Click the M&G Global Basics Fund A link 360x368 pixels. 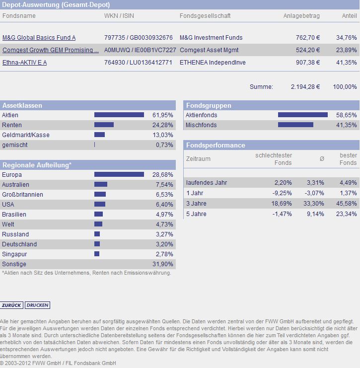[x=39, y=38]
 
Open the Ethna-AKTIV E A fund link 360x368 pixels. [x=24, y=63]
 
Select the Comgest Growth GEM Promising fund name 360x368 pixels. [x=50, y=50]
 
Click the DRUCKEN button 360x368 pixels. [x=38, y=305]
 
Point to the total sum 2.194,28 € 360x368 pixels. [x=305, y=87]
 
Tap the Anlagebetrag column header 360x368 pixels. [x=301, y=16]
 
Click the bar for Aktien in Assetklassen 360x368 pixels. [x=119, y=115]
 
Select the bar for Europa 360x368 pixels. [x=119, y=175]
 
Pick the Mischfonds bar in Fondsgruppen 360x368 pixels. [x=295, y=125]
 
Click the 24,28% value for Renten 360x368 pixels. [x=162, y=125]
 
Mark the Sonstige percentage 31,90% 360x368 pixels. [x=162, y=264]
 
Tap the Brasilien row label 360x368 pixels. [x=14, y=215]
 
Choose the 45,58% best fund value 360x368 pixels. [x=347, y=204]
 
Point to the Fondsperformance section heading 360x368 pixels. [x=216, y=145]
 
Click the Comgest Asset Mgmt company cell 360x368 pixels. [x=209, y=50]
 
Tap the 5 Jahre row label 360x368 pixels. [x=196, y=214]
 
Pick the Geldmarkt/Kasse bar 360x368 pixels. [x=99, y=135]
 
